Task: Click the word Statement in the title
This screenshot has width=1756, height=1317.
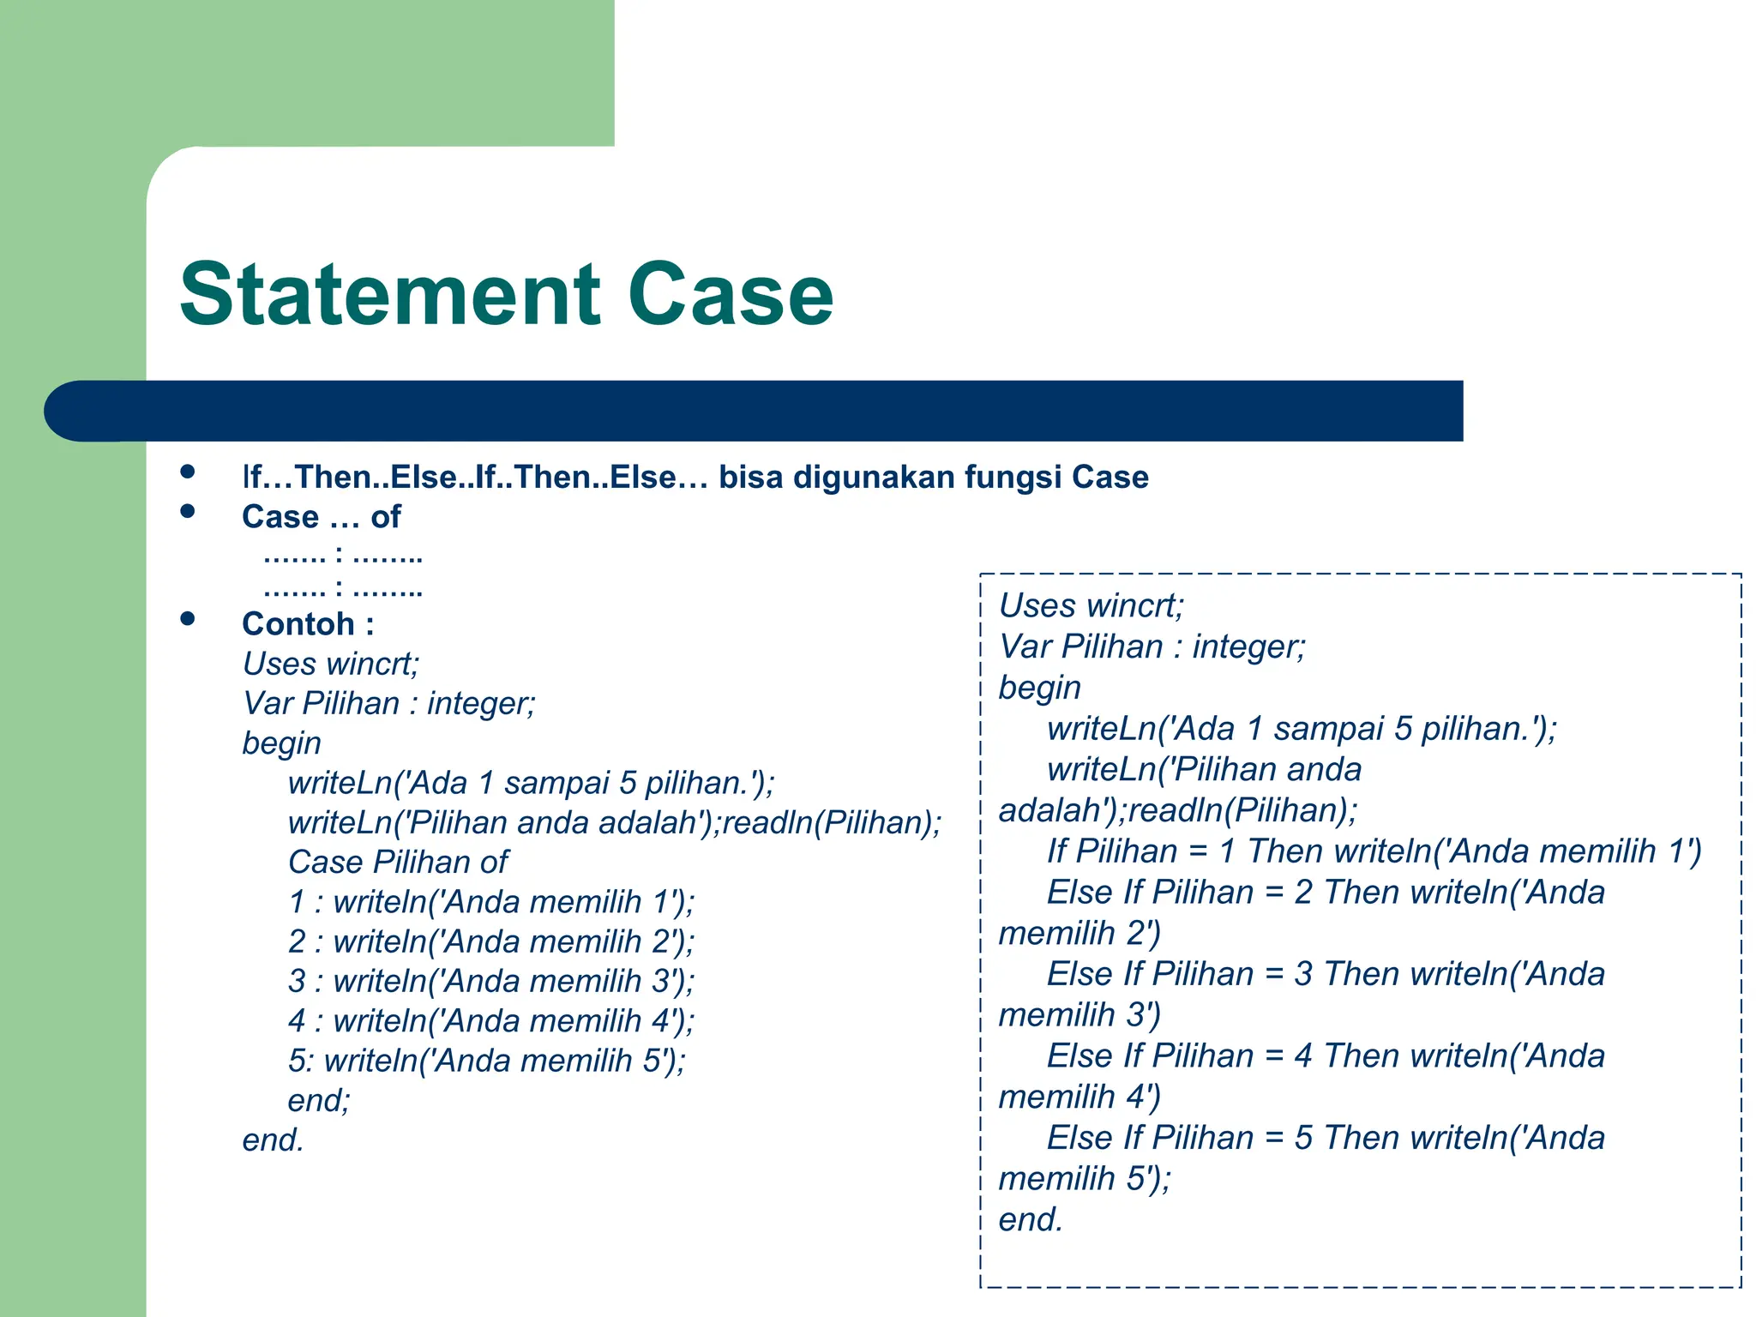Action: coord(390,294)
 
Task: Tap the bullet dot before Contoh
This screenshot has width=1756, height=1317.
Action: coord(188,619)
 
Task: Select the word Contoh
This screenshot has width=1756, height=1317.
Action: coord(298,623)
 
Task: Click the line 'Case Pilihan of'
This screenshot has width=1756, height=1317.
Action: coord(398,862)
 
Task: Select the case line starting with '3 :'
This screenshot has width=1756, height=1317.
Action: coord(490,981)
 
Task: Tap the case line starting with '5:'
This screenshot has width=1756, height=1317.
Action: coord(486,1061)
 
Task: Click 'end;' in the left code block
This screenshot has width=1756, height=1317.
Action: coord(319,1100)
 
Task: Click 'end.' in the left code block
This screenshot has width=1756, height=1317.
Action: coord(273,1140)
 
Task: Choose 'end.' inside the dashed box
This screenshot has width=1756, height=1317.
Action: coord(1031,1219)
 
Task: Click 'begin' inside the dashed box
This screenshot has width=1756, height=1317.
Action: coord(1039,688)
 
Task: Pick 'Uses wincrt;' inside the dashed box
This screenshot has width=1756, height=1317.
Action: coord(1091,605)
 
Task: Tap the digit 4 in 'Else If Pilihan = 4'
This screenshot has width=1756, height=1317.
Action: coord(1303,1055)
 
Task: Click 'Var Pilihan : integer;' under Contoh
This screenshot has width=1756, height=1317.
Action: coord(388,703)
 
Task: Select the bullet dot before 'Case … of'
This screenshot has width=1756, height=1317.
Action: coord(188,512)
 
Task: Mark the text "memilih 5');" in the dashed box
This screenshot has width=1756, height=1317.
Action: coord(1084,1178)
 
